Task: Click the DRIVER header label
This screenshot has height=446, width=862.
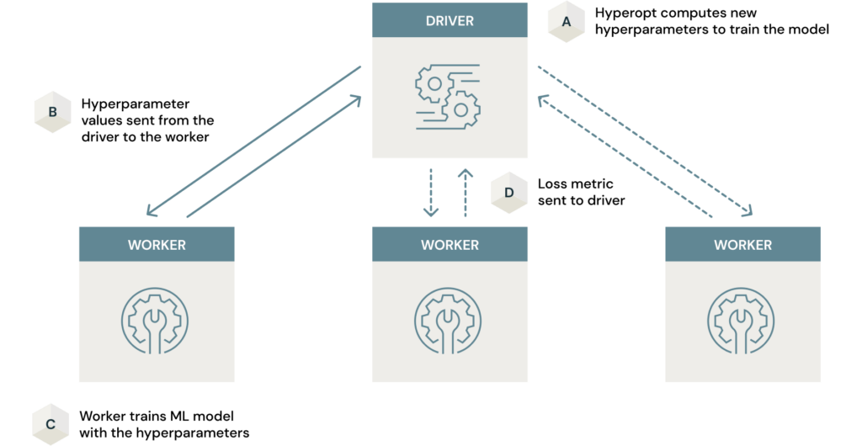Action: tap(450, 20)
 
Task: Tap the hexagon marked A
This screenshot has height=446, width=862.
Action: tap(567, 22)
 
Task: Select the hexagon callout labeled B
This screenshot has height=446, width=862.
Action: tap(52, 112)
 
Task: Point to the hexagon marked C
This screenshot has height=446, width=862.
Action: tap(51, 424)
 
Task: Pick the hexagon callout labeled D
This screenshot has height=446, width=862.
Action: tap(509, 193)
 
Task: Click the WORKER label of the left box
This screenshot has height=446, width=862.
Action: tap(157, 245)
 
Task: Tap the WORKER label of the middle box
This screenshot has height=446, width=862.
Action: tap(450, 245)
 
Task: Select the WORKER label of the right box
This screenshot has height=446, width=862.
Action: tap(742, 245)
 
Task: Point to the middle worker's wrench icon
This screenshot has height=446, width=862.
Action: tap(449, 321)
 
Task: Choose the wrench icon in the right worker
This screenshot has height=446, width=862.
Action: tap(742, 321)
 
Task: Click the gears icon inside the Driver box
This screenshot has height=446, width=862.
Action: tap(449, 95)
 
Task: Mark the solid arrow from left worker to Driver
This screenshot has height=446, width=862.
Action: tap(274, 155)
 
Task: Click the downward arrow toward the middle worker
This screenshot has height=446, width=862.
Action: tap(431, 192)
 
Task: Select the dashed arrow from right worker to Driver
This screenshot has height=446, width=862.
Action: tap(623, 156)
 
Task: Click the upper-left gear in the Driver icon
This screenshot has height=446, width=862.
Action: tap(434, 83)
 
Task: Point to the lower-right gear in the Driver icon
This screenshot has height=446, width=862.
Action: tap(462, 108)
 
